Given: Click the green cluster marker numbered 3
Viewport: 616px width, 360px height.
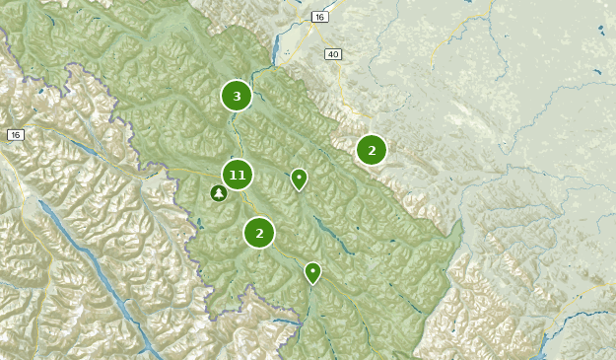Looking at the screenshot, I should pyautogui.click(x=237, y=96).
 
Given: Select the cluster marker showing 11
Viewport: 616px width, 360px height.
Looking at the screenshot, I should pyautogui.click(x=237, y=175).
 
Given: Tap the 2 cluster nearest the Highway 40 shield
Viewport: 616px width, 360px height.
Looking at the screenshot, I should pyautogui.click(x=372, y=150).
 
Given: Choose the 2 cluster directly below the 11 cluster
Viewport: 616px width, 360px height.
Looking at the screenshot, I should pyautogui.click(x=259, y=233).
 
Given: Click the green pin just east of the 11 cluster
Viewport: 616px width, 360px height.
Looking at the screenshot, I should pyautogui.click(x=299, y=178).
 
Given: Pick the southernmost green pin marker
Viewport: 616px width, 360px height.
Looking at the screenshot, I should pyautogui.click(x=312, y=271).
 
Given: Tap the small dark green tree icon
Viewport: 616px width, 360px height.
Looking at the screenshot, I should pyautogui.click(x=219, y=193).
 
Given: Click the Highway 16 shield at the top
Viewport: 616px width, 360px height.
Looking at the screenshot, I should pyautogui.click(x=319, y=17).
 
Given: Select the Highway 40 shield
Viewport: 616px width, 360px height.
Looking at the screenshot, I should pyautogui.click(x=334, y=54).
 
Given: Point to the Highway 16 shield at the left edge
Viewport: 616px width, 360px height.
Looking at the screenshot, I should pyautogui.click(x=15, y=134).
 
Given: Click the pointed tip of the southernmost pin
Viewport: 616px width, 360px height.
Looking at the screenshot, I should pyautogui.click(x=312, y=284).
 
